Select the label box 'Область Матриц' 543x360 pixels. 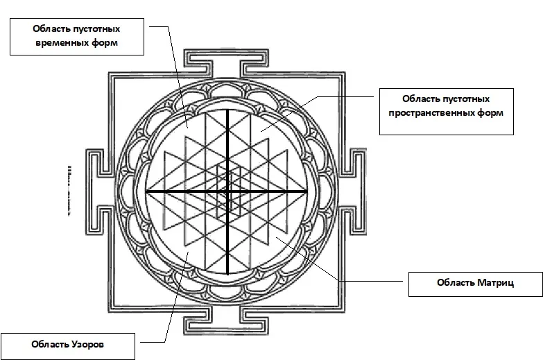pos(474,283)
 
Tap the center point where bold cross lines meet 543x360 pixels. pos(227,191)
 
